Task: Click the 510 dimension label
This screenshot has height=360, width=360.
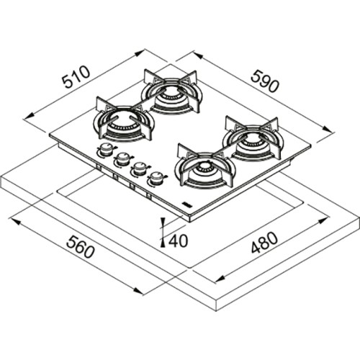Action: click(76, 76)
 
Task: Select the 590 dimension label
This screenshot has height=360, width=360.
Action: click(265, 81)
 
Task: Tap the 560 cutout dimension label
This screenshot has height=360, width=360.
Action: click(81, 246)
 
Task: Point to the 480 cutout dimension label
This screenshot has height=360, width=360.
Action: click(264, 243)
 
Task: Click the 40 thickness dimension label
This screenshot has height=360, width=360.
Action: click(178, 240)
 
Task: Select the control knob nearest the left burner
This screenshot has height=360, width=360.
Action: click(104, 150)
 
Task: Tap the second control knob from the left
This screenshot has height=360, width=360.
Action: click(123, 158)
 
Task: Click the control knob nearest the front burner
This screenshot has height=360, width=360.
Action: click(156, 178)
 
